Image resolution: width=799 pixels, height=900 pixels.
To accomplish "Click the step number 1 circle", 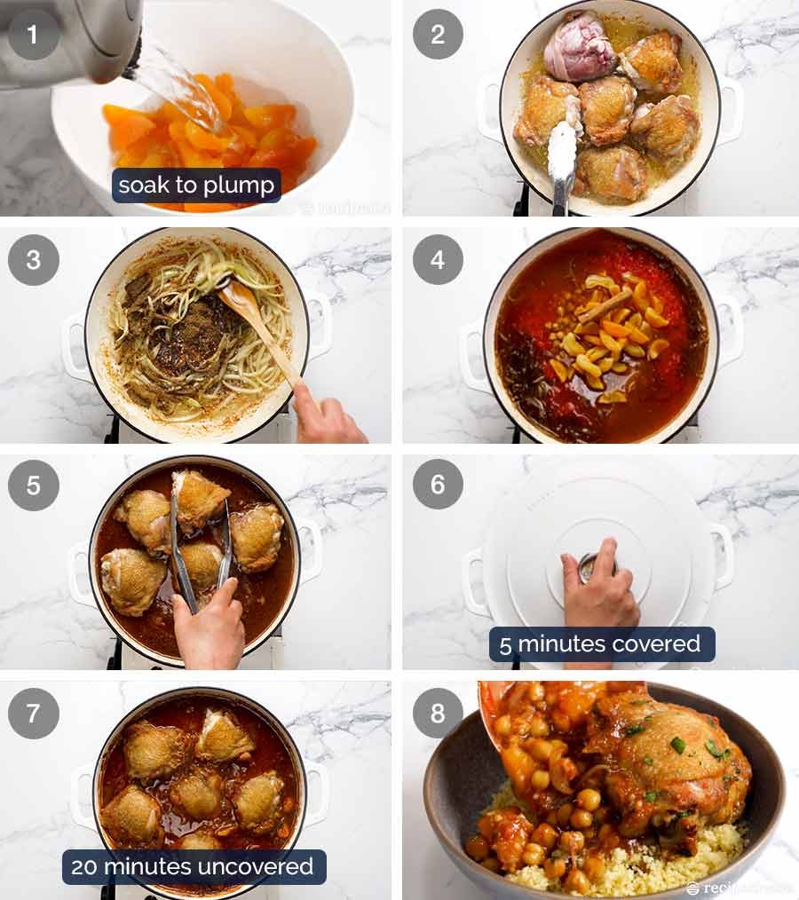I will [x=34, y=35].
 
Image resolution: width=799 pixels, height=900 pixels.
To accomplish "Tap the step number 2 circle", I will [x=438, y=35].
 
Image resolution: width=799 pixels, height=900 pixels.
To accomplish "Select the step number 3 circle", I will [x=34, y=260].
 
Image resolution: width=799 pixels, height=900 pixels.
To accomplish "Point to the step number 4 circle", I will [x=438, y=260].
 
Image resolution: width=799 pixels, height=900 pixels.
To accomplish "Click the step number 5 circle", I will [x=34, y=486].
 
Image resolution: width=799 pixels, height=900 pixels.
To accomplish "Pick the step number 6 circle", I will [x=438, y=486].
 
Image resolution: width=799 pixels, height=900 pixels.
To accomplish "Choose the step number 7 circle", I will [x=34, y=713].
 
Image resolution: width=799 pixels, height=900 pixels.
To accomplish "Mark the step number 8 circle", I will [x=438, y=713].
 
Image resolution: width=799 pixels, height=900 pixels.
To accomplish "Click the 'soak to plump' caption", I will [x=196, y=186].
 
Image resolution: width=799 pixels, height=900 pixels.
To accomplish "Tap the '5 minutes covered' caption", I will [x=601, y=644].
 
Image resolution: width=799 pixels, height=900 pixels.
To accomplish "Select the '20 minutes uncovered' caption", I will [x=194, y=867].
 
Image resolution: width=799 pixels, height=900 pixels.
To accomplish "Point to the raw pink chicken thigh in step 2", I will [x=580, y=46].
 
